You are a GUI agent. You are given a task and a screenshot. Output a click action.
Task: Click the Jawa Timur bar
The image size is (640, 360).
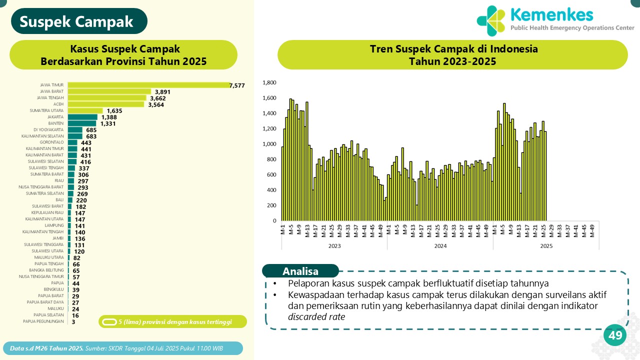(x=148, y=85)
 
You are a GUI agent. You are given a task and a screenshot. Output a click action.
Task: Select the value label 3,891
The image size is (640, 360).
(x=163, y=92)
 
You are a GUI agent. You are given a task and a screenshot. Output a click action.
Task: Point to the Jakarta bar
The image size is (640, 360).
(x=82, y=117)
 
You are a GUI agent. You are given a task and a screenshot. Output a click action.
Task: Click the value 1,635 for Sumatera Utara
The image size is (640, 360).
(x=115, y=111)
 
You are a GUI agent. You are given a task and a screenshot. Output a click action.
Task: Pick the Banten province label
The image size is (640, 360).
(x=55, y=123)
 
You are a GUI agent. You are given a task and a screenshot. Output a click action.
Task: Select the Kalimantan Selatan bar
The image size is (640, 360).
(x=75, y=136)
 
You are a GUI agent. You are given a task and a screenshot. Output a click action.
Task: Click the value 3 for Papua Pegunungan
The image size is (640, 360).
(x=73, y=322)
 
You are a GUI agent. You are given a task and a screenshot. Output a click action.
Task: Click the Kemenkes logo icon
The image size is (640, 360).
(x=491, y=21)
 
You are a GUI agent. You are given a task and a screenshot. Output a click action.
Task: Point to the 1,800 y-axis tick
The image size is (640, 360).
(x=269, y=82)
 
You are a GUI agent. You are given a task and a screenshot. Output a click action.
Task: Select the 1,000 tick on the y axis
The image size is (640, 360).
(x=269, y=144)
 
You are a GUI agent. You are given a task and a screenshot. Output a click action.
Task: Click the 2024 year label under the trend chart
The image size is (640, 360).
(x=440, y=246)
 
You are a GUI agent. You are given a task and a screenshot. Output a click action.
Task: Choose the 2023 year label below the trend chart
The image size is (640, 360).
(x=334, y=246)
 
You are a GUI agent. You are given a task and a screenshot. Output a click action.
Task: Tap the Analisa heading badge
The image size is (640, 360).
(x=300, y=271)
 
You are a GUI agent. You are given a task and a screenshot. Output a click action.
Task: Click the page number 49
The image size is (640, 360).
(x=615, y=335)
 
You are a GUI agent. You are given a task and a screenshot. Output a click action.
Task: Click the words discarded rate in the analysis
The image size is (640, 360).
(x=316, y=316)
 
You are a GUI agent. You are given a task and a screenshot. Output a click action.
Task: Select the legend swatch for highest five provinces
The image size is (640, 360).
(x=109, y=321)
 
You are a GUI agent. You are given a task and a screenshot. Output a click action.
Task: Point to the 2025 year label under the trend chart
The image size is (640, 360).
(x=546, y=246)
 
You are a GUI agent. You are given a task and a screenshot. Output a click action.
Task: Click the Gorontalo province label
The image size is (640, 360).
(x=52, y=142)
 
